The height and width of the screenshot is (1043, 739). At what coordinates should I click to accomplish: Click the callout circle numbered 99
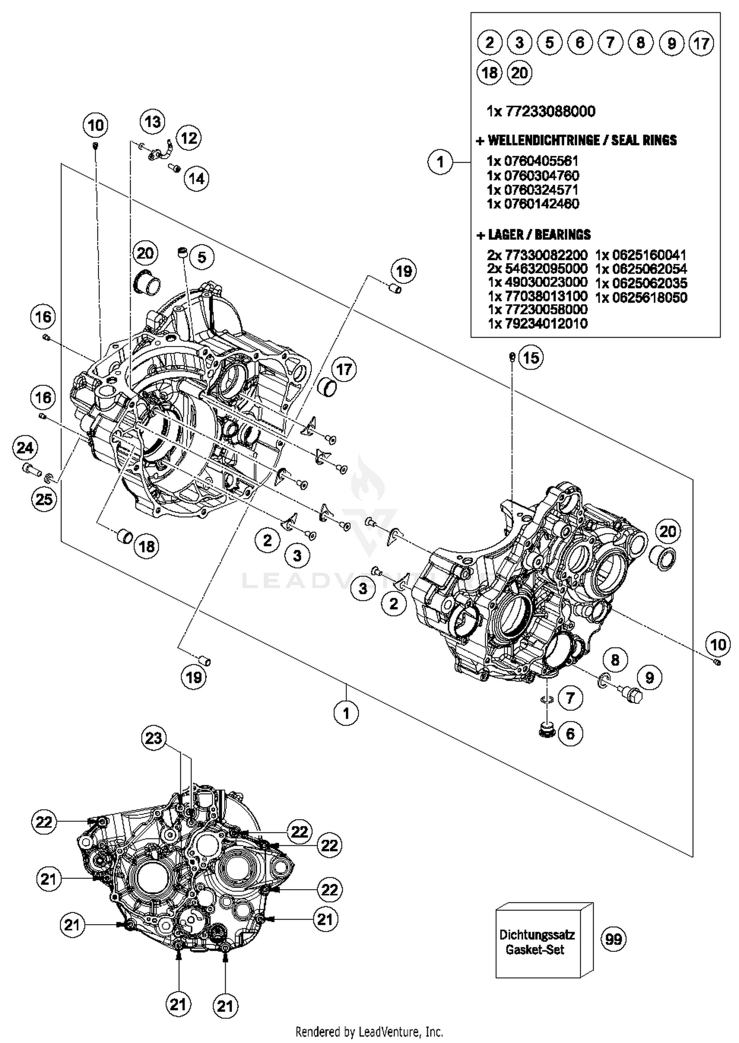613,939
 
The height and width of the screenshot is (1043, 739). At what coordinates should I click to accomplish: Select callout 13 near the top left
152,121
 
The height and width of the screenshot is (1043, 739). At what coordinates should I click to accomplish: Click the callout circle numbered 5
202,257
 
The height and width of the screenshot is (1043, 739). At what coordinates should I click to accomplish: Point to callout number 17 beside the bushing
344,369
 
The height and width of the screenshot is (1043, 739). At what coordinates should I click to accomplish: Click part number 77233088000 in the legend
541,111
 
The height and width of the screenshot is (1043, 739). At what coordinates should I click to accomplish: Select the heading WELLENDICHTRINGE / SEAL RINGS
576,140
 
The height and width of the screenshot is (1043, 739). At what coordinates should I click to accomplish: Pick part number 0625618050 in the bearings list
641,297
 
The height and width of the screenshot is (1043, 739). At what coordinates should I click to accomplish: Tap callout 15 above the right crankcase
531,357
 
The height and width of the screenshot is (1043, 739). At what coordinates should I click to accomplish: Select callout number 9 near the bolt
649,678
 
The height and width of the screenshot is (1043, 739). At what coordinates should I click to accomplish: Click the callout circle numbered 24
25,448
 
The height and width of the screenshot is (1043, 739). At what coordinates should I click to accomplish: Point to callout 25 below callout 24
44,499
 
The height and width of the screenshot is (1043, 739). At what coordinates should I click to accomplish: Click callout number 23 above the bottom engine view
153,738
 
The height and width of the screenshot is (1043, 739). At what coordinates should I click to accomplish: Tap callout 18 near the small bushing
147,546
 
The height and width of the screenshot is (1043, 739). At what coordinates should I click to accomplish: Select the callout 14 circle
196,178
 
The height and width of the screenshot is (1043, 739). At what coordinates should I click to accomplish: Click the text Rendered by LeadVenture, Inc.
369,1031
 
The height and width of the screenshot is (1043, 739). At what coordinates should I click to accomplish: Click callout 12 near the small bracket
189,138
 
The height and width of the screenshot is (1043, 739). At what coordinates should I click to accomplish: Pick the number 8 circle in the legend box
640,42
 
